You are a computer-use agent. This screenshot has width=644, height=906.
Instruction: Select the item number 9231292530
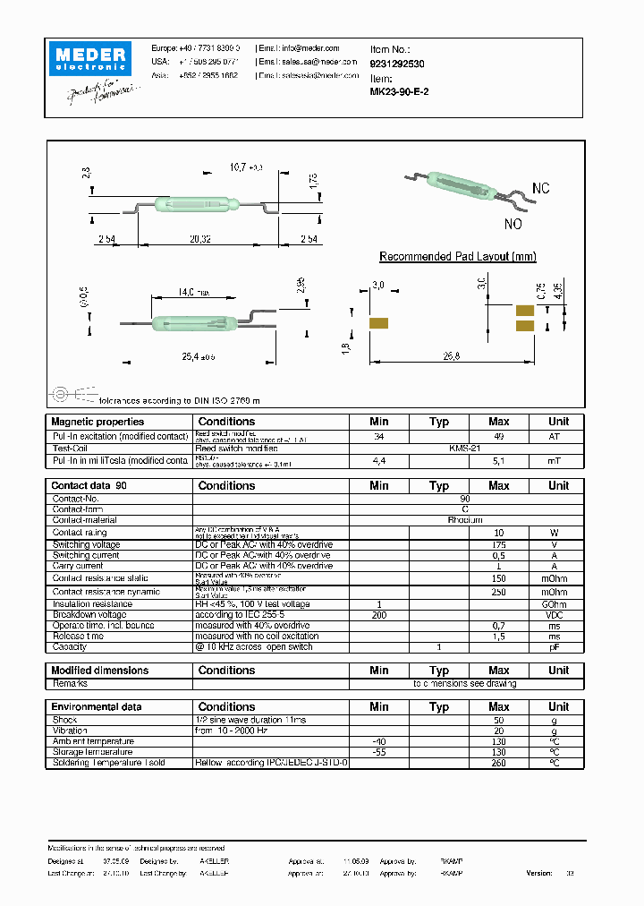398,64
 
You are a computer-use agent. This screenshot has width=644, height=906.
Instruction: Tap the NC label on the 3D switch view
540,189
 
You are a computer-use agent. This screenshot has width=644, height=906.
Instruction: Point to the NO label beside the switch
513,224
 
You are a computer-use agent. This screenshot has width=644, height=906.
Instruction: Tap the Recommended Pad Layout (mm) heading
457,257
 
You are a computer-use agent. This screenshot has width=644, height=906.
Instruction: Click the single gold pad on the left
377,323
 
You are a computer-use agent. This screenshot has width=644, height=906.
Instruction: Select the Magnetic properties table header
97,422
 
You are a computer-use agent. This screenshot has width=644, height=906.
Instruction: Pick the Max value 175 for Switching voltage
498,544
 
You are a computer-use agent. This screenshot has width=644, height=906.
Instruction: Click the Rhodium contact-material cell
465,520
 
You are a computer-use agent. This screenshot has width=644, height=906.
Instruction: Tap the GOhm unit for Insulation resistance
558,604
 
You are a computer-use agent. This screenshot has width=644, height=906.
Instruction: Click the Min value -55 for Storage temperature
378,753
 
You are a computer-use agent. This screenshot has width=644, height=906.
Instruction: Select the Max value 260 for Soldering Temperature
498,764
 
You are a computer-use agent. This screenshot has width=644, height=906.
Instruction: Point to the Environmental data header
96,707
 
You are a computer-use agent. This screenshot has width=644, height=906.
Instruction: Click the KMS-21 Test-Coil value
465,448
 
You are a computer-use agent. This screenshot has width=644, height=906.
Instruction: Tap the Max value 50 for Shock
498,720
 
